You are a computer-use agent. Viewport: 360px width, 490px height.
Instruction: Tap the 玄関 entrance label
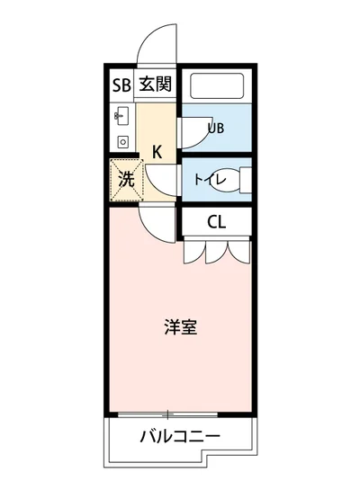[154, 85]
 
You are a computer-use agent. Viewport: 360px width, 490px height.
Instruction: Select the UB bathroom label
[216, 128]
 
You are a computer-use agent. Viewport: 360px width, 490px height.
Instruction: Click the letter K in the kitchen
[156, 151]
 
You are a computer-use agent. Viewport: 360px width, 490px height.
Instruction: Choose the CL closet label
[216, 223]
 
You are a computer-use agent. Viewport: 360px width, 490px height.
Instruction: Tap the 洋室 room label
[180, 327]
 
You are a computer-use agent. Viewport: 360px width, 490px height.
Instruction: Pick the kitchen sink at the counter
[122, 116]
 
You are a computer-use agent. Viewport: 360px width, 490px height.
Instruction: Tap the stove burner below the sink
[122, 140]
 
